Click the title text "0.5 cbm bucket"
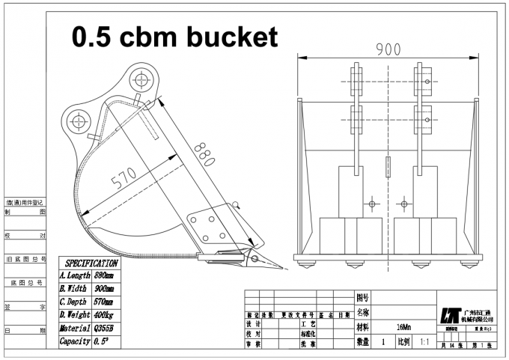click(x=174, y=35)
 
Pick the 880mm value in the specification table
click(x=105, y=276)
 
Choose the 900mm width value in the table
click(x=105, y=289)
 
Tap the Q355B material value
click(x=104, y=328)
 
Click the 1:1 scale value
click(x=424, y=341)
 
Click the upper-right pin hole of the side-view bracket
click(x=141, y=77)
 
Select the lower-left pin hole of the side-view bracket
click(x=78, y=119)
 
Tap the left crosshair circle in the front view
click(x=370, y=203)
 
